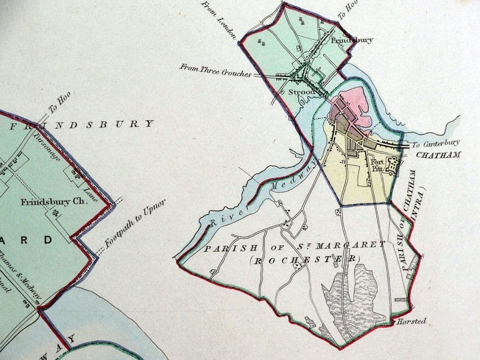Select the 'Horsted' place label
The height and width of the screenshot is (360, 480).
coord(411,321)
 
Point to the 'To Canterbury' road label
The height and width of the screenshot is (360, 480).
coord(436,144)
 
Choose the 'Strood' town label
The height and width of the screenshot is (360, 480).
coord(301,92)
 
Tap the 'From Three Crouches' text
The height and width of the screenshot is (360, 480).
coord(215,69)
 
